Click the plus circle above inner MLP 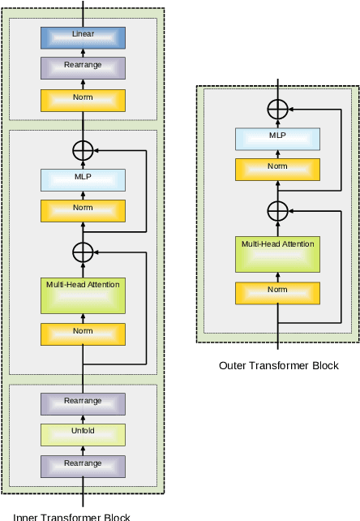click(x=83, y=150)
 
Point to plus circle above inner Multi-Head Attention click(x=83, y=252)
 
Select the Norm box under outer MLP click(x=277, y=169)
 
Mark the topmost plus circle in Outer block click(x=278, y=108)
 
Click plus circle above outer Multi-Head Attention click(x=278, y=210)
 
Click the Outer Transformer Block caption click(x=278, y=365)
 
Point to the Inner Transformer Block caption click(x=71, y=516)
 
